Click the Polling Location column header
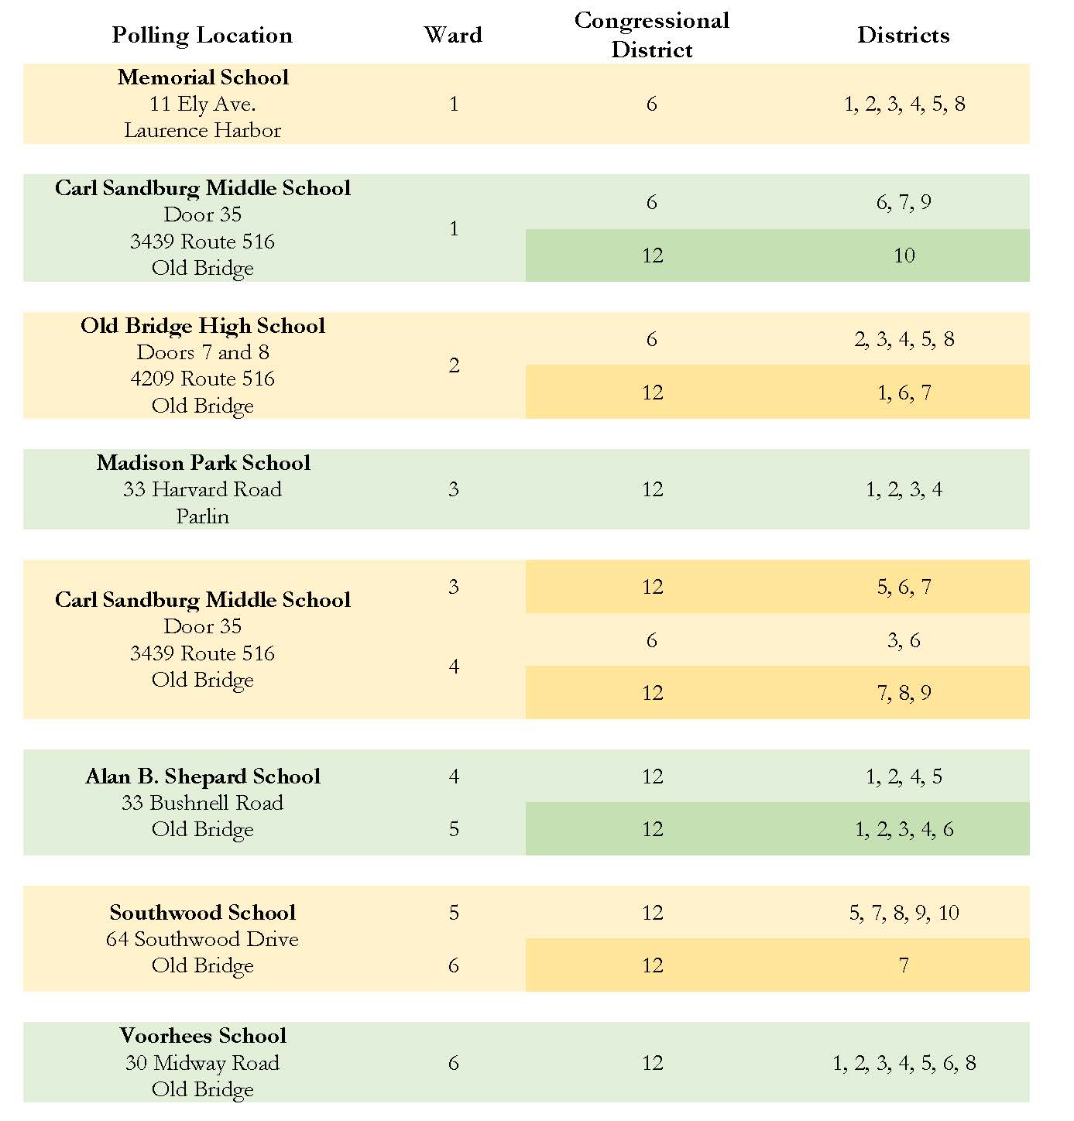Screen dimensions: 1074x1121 pos(201,36)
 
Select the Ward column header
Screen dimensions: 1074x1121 pos(453,35)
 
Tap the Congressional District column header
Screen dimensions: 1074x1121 pos(652,35)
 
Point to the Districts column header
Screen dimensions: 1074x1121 pos(904,35)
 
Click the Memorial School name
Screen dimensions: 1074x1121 pos(203,77)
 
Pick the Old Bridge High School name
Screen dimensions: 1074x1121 pos(203,327)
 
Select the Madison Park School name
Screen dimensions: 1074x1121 pos(203,463)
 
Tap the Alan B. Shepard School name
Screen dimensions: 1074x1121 pos(203,776)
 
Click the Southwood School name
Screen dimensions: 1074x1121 pos(203,913)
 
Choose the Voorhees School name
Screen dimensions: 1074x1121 pos(203,1036)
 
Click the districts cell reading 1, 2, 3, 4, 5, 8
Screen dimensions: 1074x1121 pos(904,105)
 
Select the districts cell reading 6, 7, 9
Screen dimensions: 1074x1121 pos(904,202)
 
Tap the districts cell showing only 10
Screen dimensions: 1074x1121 pos(904,255)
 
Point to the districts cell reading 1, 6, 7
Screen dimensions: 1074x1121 pos(904,393)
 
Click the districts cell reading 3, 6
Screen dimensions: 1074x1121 pos(904,640)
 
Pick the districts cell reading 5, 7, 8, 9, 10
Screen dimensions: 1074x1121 pos(904,913)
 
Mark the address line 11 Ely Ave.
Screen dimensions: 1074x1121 pos(203,105)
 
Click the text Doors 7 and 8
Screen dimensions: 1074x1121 pos(203,352)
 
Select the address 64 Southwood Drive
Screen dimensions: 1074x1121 pos(203,940)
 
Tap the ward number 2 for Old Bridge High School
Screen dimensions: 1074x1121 pos(454,365)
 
